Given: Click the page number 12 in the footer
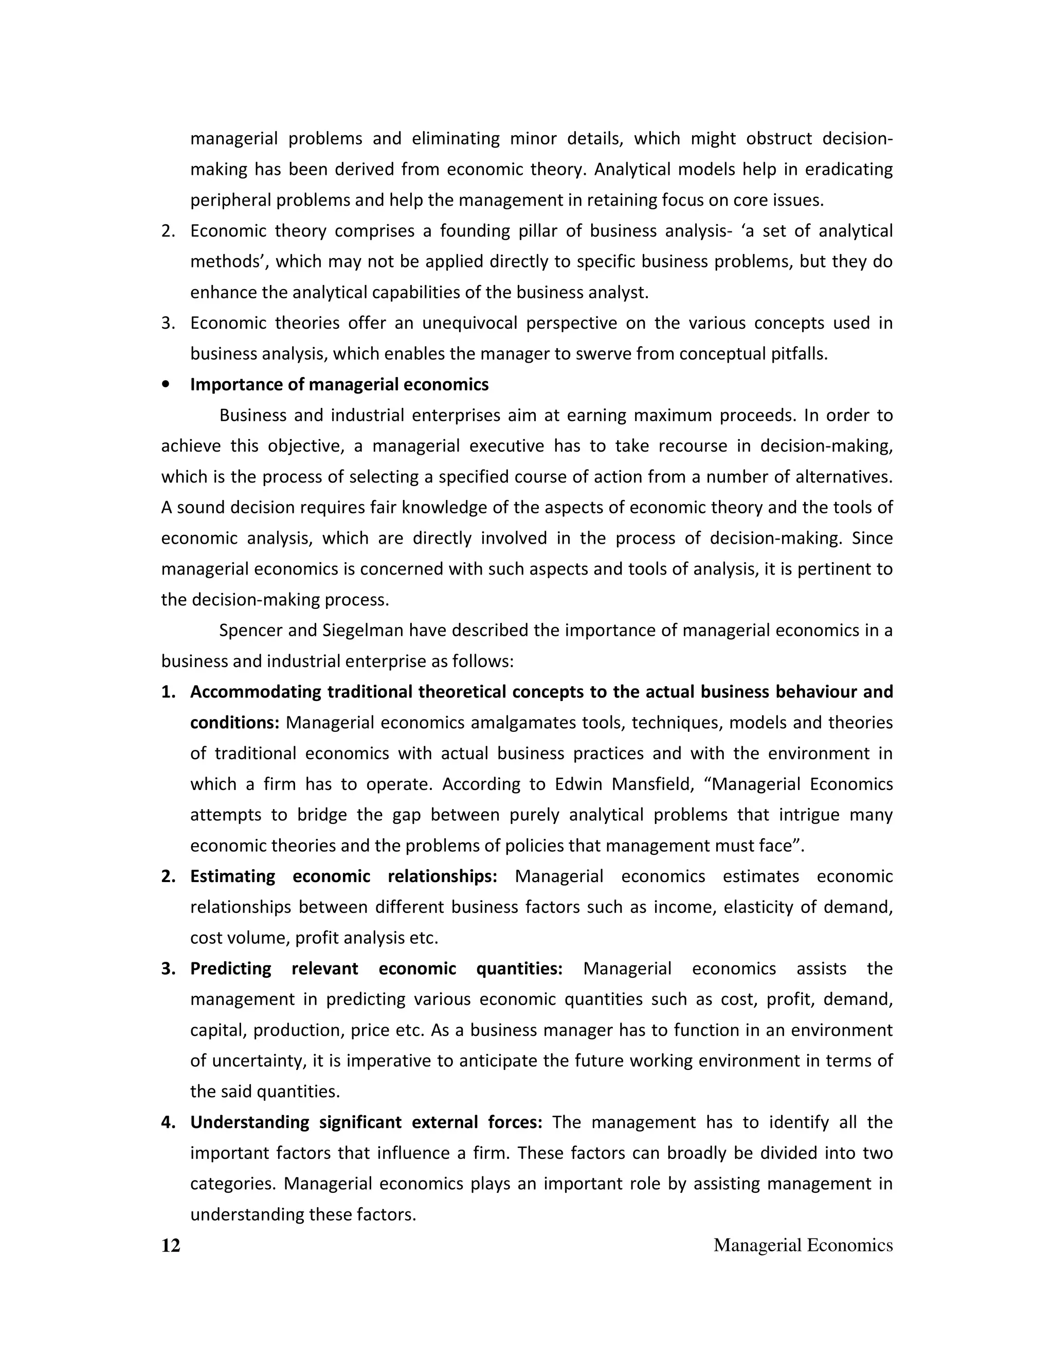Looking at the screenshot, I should [x=170, y=1245].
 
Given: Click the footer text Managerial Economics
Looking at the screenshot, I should [x=803, y=1245].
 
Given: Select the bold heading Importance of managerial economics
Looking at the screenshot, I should [x=339, y=384].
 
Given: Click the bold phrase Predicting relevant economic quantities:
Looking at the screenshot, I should [x=376, y=969].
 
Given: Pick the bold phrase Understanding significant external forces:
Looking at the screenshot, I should [x=366, y=1122].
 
